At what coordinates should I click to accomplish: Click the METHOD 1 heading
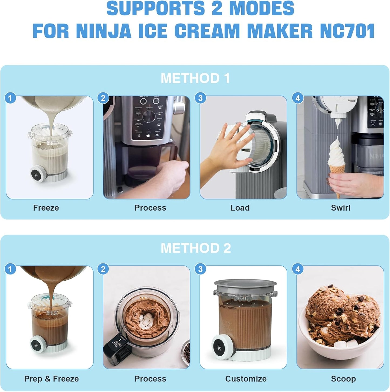(x=195, y=78)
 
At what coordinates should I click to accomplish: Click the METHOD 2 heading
(x=196, y=248)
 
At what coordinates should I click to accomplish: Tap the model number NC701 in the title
(x=347, y=31)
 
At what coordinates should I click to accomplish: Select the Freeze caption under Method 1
(x=46, y=208)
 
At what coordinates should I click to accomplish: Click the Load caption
(x=240, y=208)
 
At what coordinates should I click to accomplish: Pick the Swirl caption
(x=341, y=208)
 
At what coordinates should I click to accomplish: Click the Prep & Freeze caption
(x=52, y=379)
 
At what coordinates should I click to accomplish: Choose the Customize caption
(x=246, y=379)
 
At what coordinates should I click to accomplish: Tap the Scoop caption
(x=343, y=379)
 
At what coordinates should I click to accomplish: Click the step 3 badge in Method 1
(x=200, y=98)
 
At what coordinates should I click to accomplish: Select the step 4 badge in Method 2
(x=298, y=269)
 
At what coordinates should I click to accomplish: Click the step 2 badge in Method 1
(x=103, y=98)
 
